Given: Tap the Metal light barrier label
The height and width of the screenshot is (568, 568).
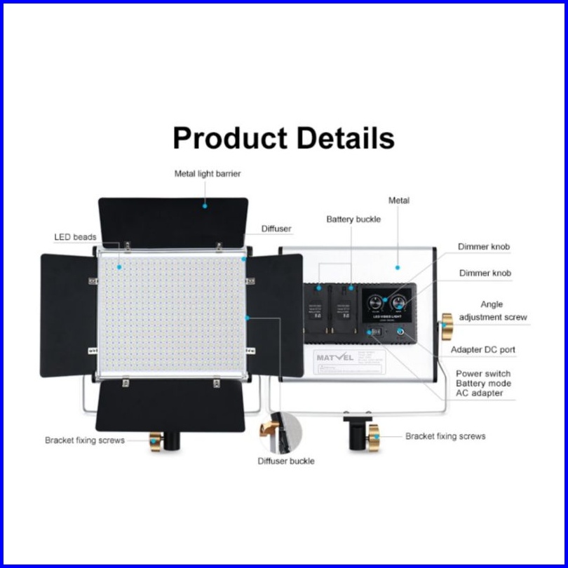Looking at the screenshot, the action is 208,173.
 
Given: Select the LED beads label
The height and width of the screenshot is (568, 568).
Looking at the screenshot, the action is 75,237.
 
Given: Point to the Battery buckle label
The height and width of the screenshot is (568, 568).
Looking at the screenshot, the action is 353,219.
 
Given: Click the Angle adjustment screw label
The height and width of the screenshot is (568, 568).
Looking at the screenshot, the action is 492,311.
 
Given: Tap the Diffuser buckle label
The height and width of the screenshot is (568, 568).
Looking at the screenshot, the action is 285,461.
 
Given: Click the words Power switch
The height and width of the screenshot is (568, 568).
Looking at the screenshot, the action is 483,374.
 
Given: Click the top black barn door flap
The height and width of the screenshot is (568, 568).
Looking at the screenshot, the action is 173,221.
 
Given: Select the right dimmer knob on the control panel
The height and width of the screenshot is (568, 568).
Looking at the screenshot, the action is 399,304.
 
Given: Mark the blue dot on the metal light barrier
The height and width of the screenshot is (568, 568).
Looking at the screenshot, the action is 205,205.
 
